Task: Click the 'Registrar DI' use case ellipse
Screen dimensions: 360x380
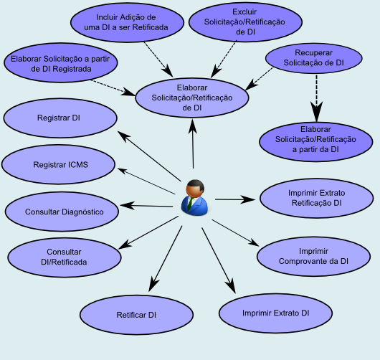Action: click(x=59, y=117)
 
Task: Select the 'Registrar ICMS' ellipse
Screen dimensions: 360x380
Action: click(x=60, y=165)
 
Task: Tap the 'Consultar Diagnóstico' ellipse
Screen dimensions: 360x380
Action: click(x=64, y=212)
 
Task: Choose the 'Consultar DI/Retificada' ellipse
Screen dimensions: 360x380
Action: click(x=64, y=257)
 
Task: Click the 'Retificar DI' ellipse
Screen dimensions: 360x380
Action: click(x=136, y=315)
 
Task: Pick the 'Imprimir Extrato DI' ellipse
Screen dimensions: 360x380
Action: click(x=275, y=314)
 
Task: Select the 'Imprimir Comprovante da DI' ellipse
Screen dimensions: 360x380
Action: click(x=313, y=256)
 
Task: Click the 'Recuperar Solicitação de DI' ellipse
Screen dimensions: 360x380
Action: click(x=314, y=58)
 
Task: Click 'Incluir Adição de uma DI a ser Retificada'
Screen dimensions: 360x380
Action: click(x=126, y=22)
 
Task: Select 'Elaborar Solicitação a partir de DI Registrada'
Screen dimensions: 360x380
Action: click(x=60, y=64)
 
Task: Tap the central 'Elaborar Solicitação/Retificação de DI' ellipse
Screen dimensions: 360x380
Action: click(x=192, y=96)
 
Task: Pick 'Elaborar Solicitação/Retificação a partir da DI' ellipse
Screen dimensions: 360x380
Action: click(x=315, y=139)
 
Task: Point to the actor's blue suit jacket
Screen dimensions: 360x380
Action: click(x=194, y=207)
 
